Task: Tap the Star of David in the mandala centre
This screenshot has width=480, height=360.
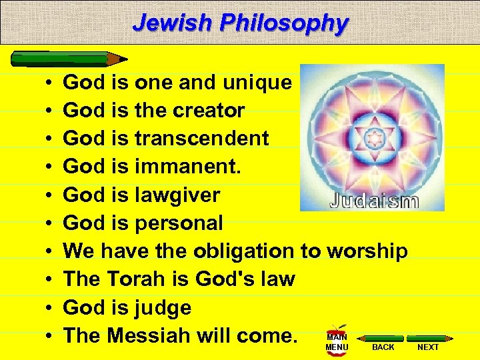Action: point(374,138)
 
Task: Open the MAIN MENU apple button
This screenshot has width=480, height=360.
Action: point(337,339)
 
